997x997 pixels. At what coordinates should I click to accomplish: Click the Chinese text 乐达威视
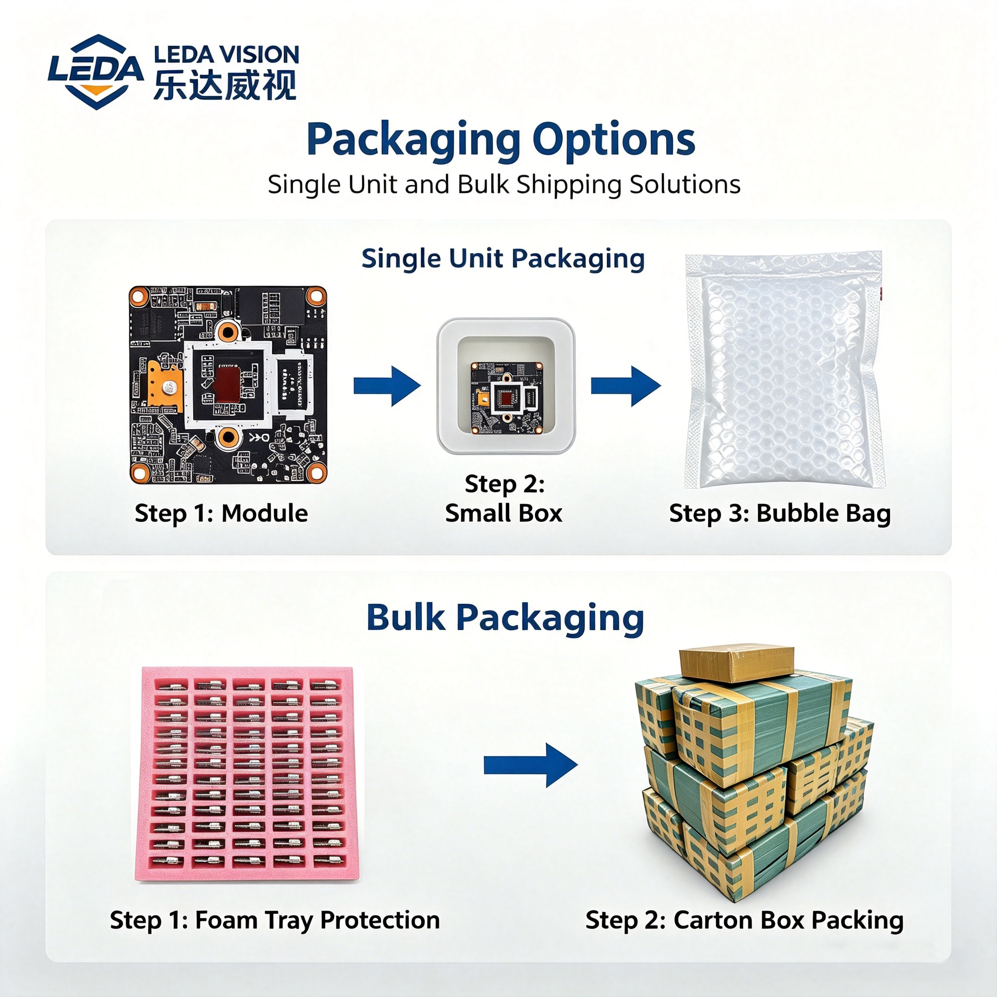pyautogui.click(x=225, y=85)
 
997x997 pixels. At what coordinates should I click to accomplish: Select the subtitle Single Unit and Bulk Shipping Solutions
pyautogui.click(x=504, y=184)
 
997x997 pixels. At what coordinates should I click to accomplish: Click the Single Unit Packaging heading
pyautogui.click(x=503, y=258)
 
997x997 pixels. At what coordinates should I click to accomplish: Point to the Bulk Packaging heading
pyautogui.click(x=505, y=618)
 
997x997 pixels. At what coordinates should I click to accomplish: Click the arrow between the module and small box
pyautogui.click(x=387, y=386)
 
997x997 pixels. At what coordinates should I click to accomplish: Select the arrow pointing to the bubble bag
pyautogui.click(x=626, y=386)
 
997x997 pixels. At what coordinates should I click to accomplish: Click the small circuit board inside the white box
pyautogui.click(x=507, y=397)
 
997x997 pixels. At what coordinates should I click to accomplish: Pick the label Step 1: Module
pyautogui.click(x=222, y=514)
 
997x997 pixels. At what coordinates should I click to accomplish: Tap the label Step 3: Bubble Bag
pyautogui.click(x=780, y=514)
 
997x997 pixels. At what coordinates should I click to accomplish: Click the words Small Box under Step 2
pyautogui.click(x=504, y=514)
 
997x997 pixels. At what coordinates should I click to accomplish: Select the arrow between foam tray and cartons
pyautogui.click(x=531, y=765)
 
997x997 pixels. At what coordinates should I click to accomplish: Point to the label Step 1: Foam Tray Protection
pyautogui.click(x=275, y=920)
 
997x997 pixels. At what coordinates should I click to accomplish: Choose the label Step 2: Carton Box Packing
pyautogui.click(x=745, y=920)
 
